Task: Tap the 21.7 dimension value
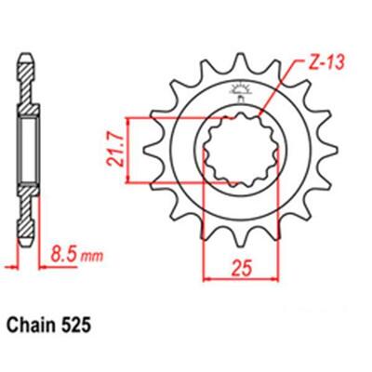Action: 113,151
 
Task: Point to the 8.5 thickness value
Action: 63,256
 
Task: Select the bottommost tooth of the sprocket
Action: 240,240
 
